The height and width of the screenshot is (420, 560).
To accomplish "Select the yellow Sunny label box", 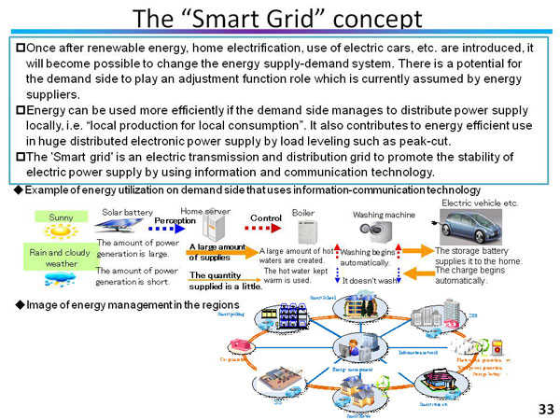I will [61, 217].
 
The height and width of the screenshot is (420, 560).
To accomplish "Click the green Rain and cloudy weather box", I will [61, 257].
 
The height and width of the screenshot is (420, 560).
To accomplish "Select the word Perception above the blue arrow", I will [175, 220].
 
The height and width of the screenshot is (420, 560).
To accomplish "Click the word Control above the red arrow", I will [265, 217].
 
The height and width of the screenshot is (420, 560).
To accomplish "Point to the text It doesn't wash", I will [370, 279].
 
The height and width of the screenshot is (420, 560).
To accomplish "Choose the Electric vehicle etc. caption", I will [479, 202].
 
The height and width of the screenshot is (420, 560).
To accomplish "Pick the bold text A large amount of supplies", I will [217, 252].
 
